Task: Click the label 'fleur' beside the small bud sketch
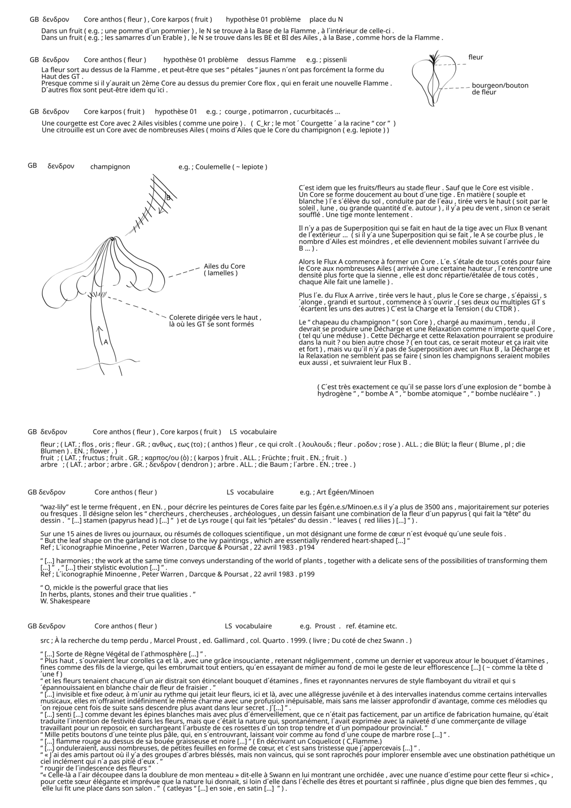tap(475, 57)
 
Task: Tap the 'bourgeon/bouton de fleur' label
tap(500, 89)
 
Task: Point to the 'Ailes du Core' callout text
tap(224, 269)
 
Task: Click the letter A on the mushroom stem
tap(106, 342)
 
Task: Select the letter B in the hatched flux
tap(168, 198)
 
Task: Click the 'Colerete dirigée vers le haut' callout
tap(215, 321)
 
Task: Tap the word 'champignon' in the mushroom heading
tap(110, 167)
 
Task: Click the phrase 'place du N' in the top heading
tap(326, 20)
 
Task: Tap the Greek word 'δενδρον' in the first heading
tap(56, 20)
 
